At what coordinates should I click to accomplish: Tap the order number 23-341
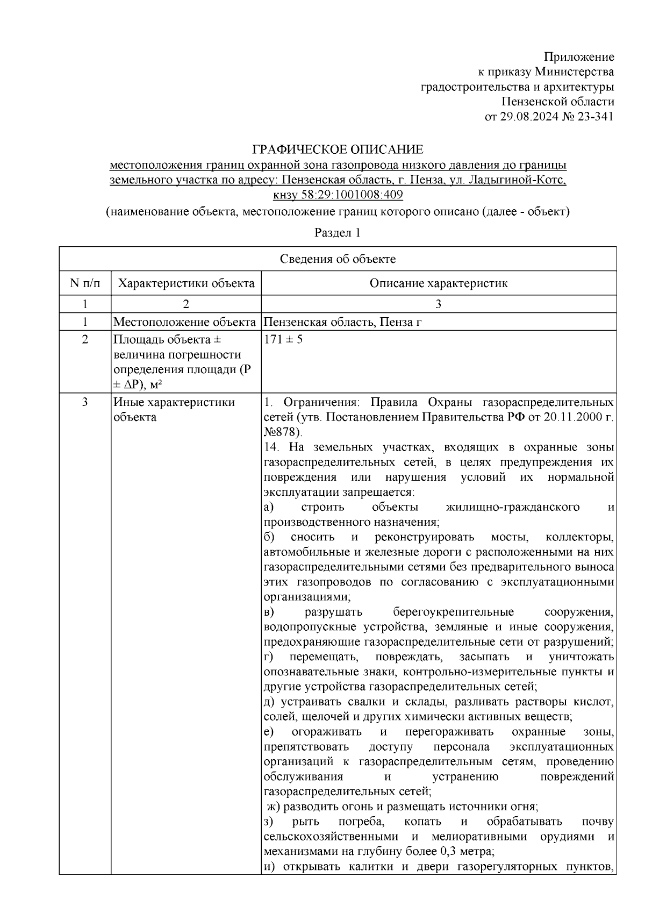click(595, 117)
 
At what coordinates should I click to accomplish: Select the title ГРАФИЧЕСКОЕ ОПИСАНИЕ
click(338, 149)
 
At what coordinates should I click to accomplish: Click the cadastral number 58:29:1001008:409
click(352, 195)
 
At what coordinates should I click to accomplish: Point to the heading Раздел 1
click(337, 233)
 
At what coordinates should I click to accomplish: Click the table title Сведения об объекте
click(338, 259)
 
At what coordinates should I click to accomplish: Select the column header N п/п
click(85, 283)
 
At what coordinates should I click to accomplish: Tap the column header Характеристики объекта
click(186, 283)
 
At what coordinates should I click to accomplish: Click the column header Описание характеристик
click(438, 283)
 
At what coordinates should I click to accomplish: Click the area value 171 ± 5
click(283, 340)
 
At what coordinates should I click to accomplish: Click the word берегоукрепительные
click(453, 612)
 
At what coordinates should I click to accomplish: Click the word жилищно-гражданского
click(512, 507)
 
